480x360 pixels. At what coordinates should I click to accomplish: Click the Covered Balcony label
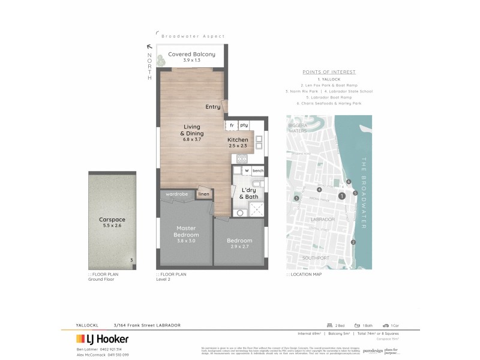click(x=191, y=54)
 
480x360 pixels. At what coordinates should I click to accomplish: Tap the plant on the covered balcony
click(x=161, y=59)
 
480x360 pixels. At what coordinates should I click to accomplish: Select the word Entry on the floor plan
click(x=212, y=107)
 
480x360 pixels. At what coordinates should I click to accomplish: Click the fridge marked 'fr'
click(x=231, y=125)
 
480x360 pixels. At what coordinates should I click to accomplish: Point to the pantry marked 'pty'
click(x=244, y=125)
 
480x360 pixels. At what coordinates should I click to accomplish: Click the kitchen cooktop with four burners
click(x=243, y=159)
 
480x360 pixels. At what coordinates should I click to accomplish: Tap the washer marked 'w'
click(x=246, y=171)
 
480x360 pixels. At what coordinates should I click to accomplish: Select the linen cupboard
click(x=204, y=194)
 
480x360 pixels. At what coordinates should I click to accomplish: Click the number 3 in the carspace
click(x=131, y=260)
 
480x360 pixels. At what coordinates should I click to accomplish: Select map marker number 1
click(x=341, y=196)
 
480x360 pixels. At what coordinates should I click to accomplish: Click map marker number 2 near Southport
click(x=353, y=242)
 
